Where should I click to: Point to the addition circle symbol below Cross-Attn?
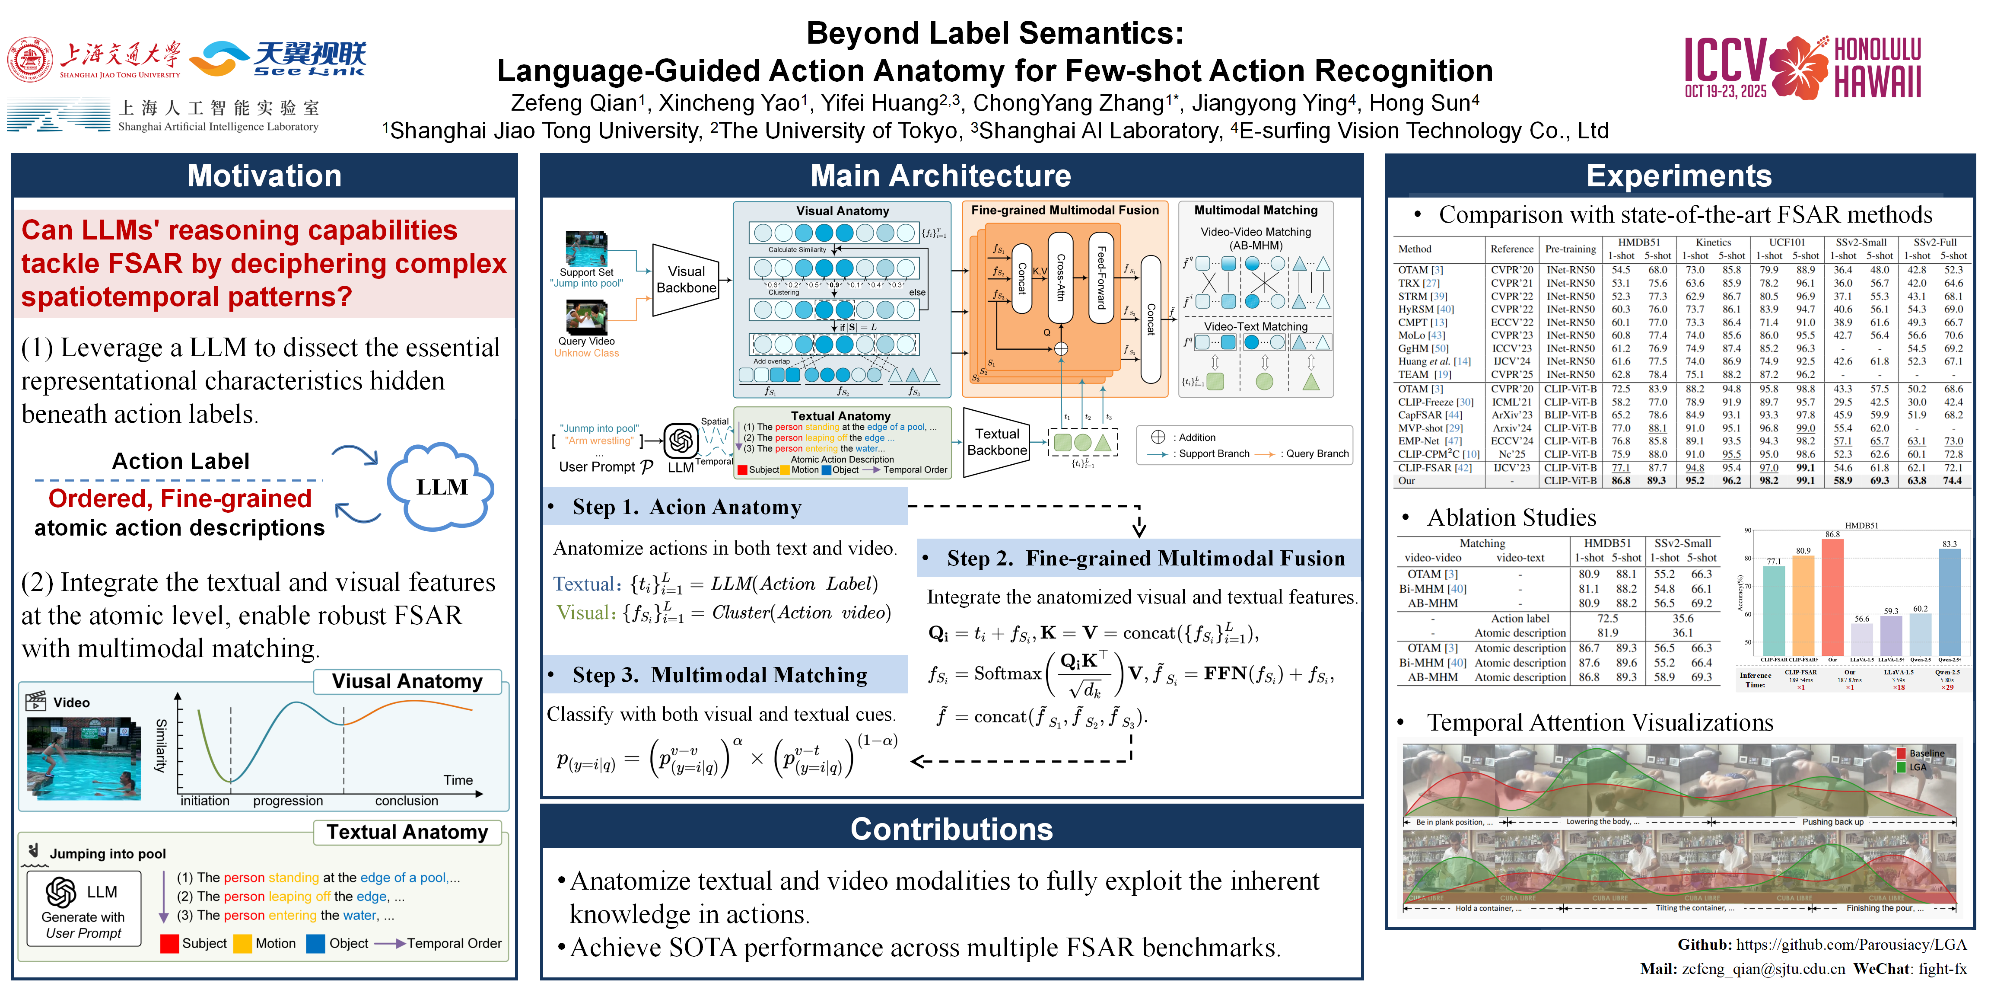pyautogui.click(x=1061, y=349)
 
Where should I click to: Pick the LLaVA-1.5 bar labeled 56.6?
pyautogui.click(x=1862, y=639)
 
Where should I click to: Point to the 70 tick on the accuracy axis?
pyautogui.click(x=1748, y=586)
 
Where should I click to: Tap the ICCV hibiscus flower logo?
pyautogui.click(x=1799, y=67)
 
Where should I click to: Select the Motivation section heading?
pyautogui.click(x=264, y=176)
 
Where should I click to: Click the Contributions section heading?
pyautogui.click(x=951, y=829)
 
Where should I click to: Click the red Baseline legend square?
pyautogui.click(x=1901, y=753)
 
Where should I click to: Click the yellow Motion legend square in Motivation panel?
pyautogui.click(x=243, y=943)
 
